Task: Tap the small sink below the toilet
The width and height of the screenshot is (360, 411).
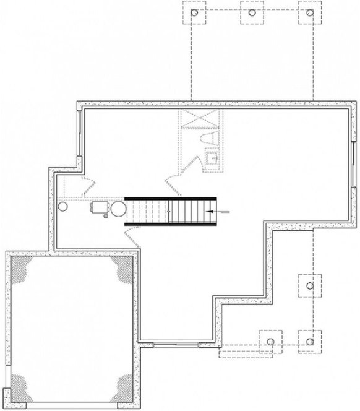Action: pyautogui.click(x=212, y=159)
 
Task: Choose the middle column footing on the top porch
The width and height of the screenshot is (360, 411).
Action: pyautogui.click(x=251, y=13)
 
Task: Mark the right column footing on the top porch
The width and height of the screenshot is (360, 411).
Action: pyautogui.click(x=308, y=13)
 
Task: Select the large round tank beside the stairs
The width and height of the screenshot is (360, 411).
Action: pyautogui.click(x=118, y=209)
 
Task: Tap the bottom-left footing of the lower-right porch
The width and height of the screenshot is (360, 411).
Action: pyautogui.click(x=270, y=340)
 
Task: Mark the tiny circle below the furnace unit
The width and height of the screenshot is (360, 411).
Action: pyautogui.click(x=105, y=217)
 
